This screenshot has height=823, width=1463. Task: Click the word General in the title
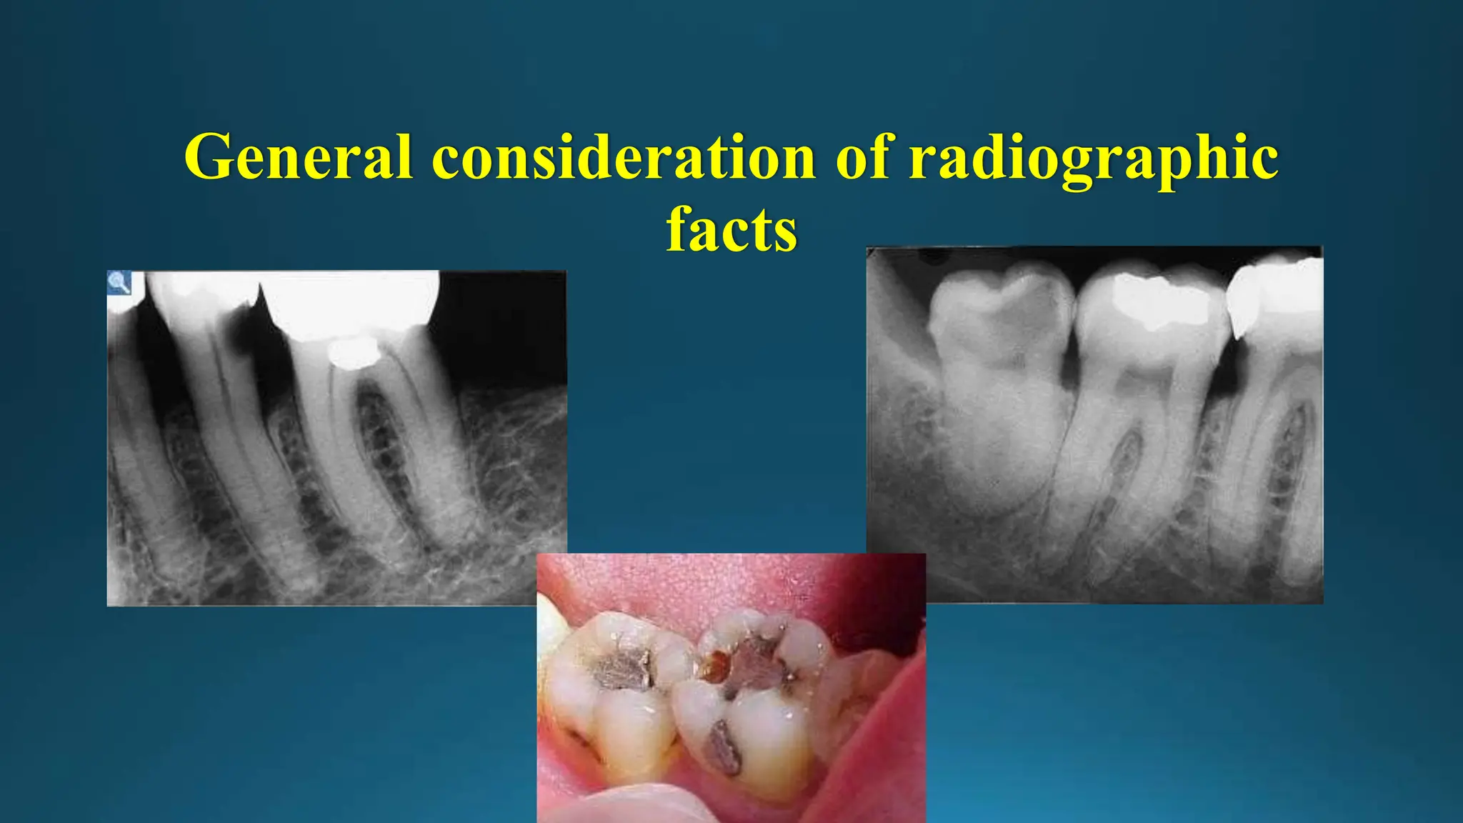click(x=299, y=157)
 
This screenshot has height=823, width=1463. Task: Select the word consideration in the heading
click(x=624, y=157)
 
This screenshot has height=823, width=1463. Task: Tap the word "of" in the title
click(x=862, y=157)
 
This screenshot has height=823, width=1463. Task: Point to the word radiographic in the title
click(x=1093, y=159)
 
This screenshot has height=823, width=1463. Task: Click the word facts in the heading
click(x=731, y=230)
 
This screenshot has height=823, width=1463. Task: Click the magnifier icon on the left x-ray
click(x=119, y=282)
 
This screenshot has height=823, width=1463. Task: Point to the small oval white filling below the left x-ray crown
click(x=353, y=353)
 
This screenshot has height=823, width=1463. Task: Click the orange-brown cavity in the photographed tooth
click(x=712, y=666)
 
